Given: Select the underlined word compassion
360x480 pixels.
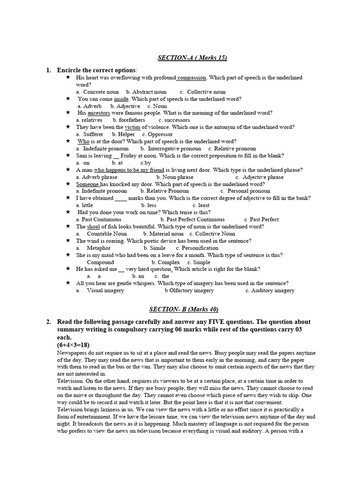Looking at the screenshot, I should click(192, 77).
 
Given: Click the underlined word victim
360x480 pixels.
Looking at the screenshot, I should click(132, 127).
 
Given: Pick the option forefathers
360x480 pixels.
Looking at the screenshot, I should click(132, 120).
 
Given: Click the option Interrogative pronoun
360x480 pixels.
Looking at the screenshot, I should click(175, 149).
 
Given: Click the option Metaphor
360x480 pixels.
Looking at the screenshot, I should click(99, 248).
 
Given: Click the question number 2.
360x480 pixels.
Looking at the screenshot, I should click(48, 322).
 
